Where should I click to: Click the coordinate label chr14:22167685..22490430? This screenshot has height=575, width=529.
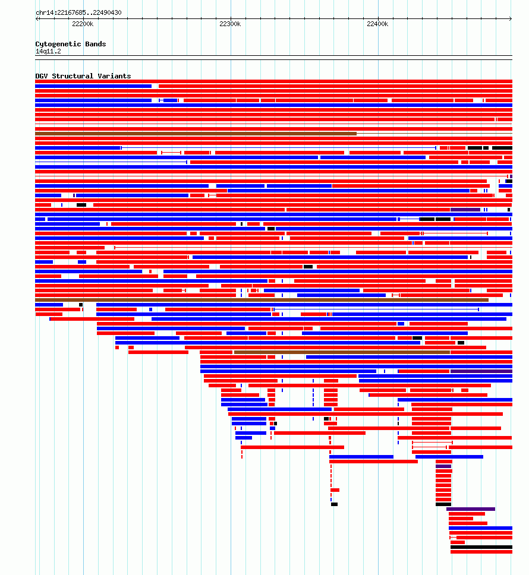(x=78, y=12)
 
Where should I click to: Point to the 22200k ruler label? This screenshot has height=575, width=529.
(x=83, y=24)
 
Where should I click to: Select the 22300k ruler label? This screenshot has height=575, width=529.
(x=231, y=24)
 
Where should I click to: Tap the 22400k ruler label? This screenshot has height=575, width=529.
(x=377, y=24)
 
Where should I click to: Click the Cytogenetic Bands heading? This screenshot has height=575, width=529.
(x=71, y=44)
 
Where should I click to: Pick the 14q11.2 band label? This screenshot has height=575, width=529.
(x=48, y=51)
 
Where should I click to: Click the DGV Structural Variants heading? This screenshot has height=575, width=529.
(x=83, y=76)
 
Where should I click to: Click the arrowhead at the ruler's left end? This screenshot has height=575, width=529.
(x=37, y=18)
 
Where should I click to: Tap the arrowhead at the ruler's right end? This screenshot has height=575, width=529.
(x=511, y=18)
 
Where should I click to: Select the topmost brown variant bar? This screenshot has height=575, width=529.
(x=196, y=134)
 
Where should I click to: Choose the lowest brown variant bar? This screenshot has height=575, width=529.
(x=342, y=352)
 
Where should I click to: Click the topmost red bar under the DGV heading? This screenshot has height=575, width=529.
(x=273, y=81)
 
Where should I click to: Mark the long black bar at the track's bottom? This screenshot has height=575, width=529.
(x=481, y=547)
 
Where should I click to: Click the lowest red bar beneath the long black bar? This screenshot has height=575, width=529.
(x=481, y=552)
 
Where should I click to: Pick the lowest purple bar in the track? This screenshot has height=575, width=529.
(x=471, y=509)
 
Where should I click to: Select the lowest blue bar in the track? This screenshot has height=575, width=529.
(x=481, y=528)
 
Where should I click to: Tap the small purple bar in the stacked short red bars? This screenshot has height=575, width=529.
(x=443, y=466)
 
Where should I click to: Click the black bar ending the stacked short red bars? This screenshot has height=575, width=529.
(x=443, y=504)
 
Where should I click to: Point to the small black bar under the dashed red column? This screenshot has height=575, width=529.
(x=334, y=504)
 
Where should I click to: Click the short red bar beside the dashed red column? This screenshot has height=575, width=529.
(x=335, y=490)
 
